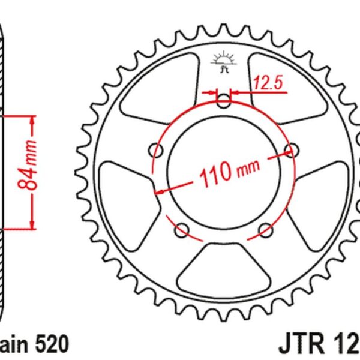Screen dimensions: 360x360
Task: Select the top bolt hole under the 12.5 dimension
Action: tap(224, 100)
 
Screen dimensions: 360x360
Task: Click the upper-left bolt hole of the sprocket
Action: tap(158, 149)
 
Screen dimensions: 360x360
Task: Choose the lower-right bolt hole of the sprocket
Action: tap(266, 229)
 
